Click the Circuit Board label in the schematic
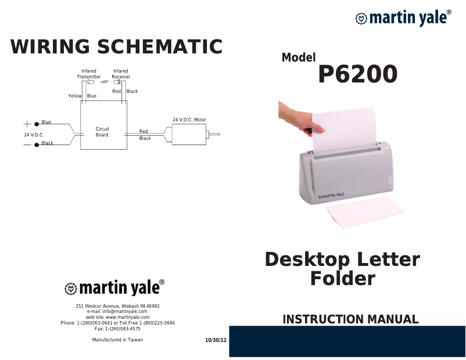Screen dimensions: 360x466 tap(102, 132)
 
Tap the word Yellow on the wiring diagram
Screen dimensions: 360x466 tap(75, 96)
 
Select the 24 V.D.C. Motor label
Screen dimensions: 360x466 tap(189, 120)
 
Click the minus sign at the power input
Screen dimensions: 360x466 tap(27, 144)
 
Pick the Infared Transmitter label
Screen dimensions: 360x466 tap(89, 74)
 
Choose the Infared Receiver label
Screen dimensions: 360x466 tap(121, 74)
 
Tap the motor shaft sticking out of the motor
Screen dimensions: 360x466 tap(214, 135)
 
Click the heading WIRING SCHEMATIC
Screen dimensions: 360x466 tap(116, 46)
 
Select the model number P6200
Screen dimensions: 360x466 tap(357, 74)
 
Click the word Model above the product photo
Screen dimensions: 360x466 tap(299, 57)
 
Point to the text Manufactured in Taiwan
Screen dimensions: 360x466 tap(117, 340)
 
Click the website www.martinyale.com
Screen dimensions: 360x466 tap(117, 317)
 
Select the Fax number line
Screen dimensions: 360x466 tap(117, 329)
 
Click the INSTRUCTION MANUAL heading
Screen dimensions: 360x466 tap(350, 319)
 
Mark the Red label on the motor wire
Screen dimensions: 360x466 tap(144, 132)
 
